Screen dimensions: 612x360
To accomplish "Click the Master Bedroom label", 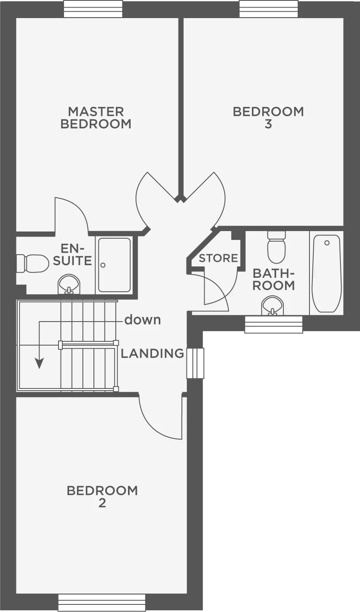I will pyautogui.click(x=96, y=118).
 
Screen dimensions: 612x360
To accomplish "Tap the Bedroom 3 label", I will pyautogui.click(x=268, y=118).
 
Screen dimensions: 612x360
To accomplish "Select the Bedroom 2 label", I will pyautogui.click(x=102, y=497).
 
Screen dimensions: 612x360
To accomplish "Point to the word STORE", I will pyautogui.click(x=218, y=258).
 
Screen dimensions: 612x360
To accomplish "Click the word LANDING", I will pyautogui.click(x=152, y=354).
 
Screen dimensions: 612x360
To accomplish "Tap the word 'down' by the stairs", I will pyautogui.click(x=142, y=320).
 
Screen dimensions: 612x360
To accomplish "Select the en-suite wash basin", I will pyautogui.click(x=68, y=284).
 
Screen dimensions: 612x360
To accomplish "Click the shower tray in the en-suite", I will pyautogui.click(x=114, y=265).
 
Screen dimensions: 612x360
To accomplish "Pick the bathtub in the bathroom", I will pyautogui.click(x=327, y=274).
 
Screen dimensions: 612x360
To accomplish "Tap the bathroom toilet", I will pyautogui.click(x=276, y=248).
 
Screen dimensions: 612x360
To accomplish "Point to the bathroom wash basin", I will pyautogui.click(x=272, y=306).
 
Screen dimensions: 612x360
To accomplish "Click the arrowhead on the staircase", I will pyautogui.click(x=39, y=363).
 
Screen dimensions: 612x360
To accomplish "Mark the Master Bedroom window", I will pyautogui.click(x=93, y=9).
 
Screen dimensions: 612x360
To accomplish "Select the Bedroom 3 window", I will pyautogui.click(x=269, y=9).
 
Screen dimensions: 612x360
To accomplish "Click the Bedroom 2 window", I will pyautogui.click(x=101, y=603).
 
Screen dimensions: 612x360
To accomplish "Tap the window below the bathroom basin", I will pyautogui.click(x=274, y=325).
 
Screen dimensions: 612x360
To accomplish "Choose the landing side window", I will pyautogui.click(x=195, y=363).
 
